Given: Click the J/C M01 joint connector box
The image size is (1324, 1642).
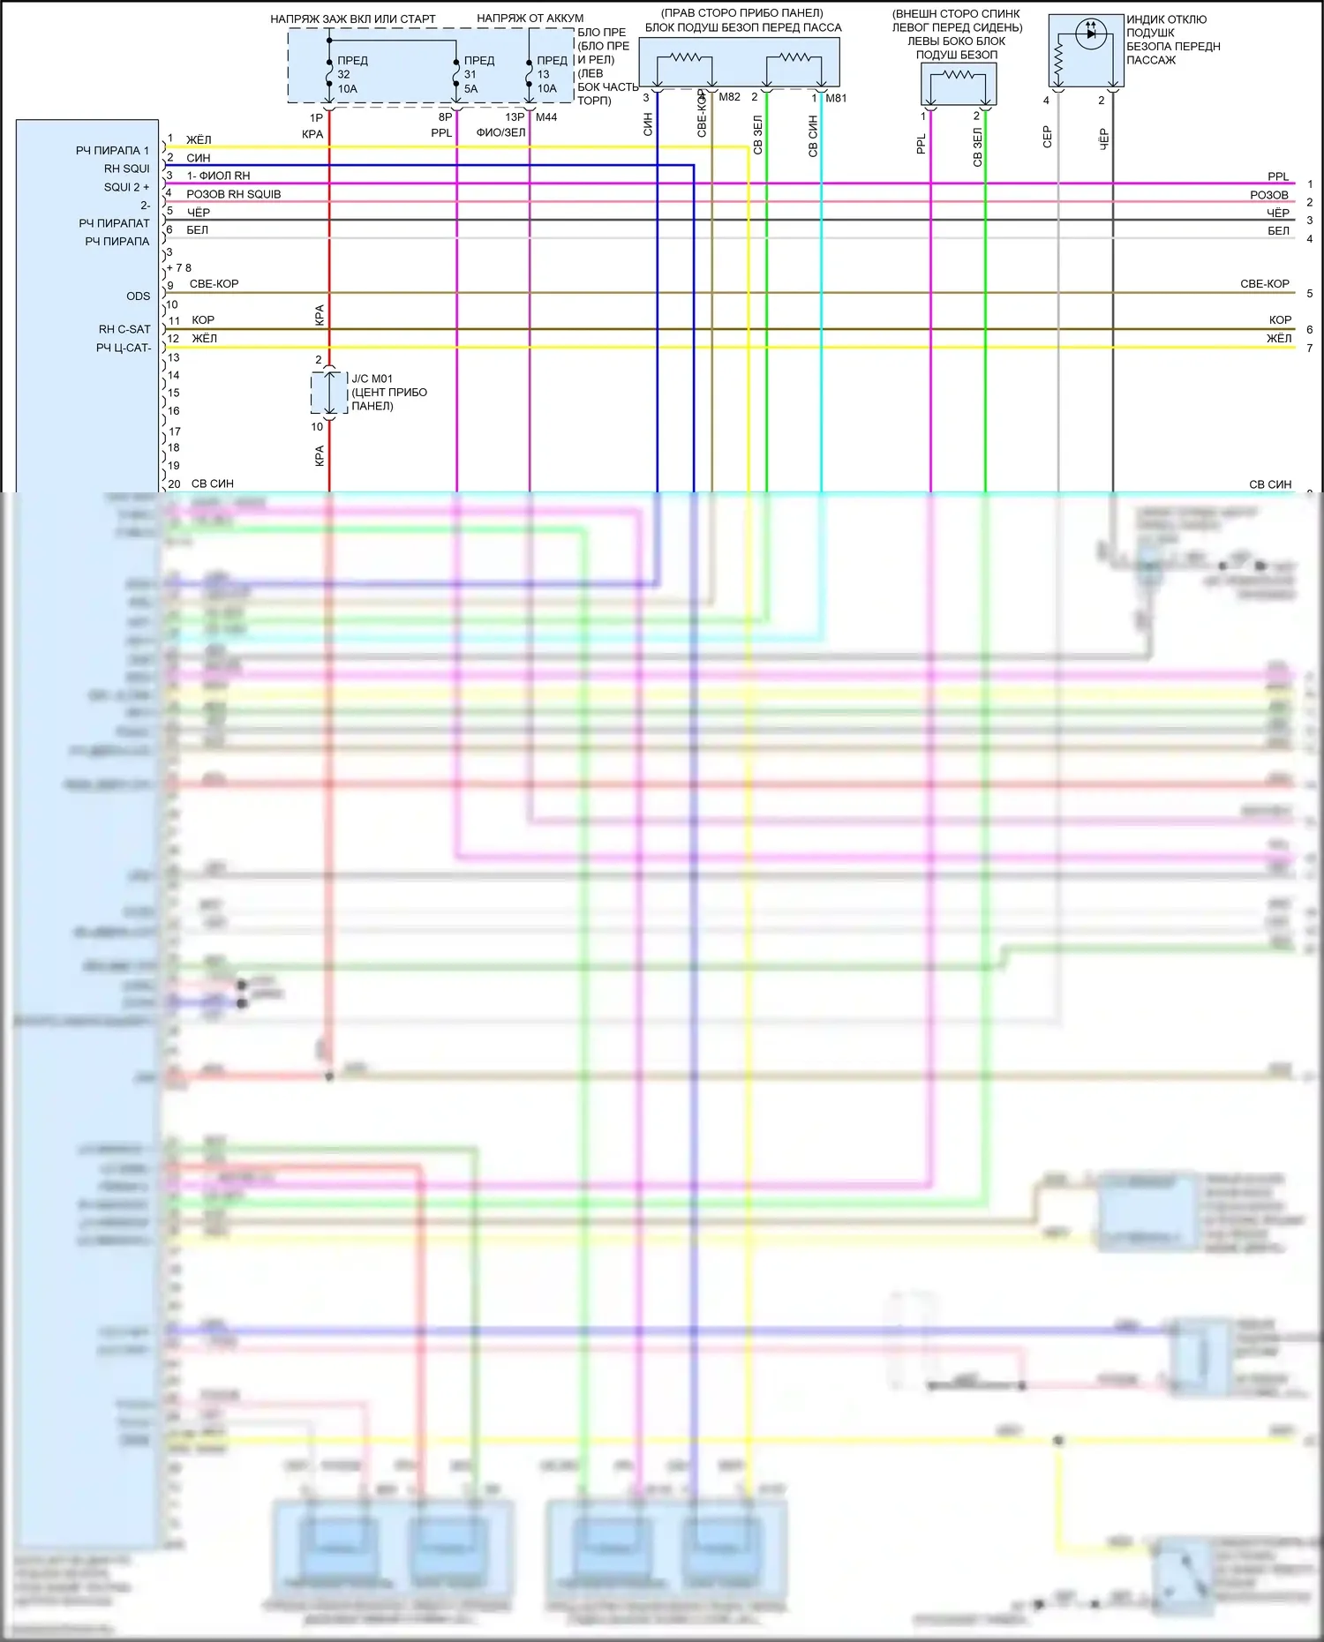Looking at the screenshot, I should pos(329,393).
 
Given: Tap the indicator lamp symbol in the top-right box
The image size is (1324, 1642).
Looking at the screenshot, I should pos(1091,34).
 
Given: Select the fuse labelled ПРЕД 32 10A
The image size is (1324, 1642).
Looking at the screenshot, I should pos(330,74).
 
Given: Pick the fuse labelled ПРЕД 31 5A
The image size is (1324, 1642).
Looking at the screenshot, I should pos(456,74).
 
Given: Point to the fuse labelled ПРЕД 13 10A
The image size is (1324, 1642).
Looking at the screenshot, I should pos(530,74).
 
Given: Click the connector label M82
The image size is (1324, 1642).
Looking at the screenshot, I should pos(729,97).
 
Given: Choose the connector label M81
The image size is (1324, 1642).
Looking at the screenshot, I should pos(836,98).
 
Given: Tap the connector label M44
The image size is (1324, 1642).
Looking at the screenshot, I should pos(546,116).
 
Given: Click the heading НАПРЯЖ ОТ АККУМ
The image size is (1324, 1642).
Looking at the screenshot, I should pos(530,18).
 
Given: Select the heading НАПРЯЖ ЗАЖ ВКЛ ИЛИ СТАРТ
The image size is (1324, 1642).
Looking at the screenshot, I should pos(352,19).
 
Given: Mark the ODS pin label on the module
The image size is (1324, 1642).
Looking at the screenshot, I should pos(138,296).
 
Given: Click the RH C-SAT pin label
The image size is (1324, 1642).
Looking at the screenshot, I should pos(124,329).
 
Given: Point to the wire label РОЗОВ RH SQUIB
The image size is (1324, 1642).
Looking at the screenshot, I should pos(233,194).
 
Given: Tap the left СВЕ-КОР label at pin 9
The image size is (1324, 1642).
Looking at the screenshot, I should pos(214,284).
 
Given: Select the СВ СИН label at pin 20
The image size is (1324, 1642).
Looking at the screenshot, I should pos(212,484).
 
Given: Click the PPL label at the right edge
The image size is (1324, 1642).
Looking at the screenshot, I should pos(1277,176).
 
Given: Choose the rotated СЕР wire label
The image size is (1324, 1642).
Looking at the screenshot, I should pos(1048,136).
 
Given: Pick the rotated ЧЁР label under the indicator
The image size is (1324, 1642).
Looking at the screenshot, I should pos(1103,139).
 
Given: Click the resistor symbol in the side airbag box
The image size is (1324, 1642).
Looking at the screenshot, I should pos(959,76).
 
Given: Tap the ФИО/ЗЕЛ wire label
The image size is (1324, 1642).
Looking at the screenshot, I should pos(500,132).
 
